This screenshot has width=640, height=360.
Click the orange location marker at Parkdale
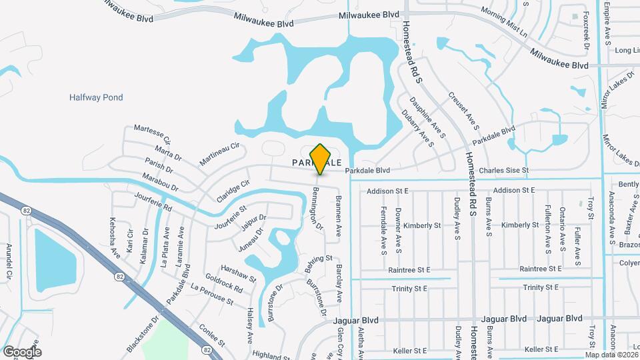tap(321, 159)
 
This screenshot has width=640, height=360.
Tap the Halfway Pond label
tap(96, 97)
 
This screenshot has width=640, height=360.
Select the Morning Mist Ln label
tap(504, 22)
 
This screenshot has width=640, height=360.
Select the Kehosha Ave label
tap(115, 235)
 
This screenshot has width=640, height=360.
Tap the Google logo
tap(22, 351)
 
